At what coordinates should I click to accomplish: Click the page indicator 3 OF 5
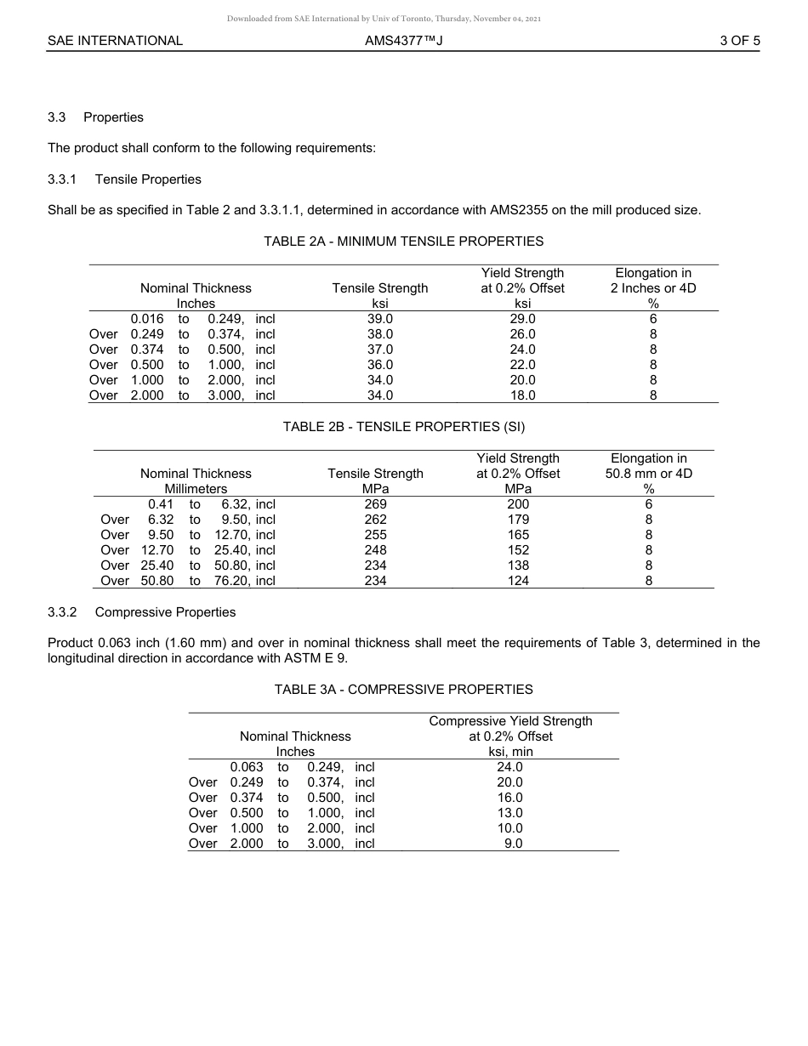pos(739,40)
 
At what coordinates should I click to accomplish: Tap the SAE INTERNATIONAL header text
pos(115,40)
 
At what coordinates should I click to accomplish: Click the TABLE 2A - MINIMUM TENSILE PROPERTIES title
pos(403,242)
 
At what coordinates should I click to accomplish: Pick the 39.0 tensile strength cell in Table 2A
pos(379,319)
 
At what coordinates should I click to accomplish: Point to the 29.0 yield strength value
pos(522,319)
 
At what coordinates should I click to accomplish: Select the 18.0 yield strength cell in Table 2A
pos(522,395)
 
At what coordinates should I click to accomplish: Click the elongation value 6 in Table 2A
pos(653,319)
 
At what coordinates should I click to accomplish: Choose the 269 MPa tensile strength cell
pos(375,504)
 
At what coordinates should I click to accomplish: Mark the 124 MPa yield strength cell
pos(518,581)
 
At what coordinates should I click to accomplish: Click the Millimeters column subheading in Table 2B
pos(196,489)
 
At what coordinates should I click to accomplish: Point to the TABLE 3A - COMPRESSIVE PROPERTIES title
pos(403,690)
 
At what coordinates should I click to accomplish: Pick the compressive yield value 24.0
pos(509,767)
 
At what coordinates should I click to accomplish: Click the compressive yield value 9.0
pos(513,844)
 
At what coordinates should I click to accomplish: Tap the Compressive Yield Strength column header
pos(510,721)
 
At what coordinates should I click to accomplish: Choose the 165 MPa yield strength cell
pos(518,535)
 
